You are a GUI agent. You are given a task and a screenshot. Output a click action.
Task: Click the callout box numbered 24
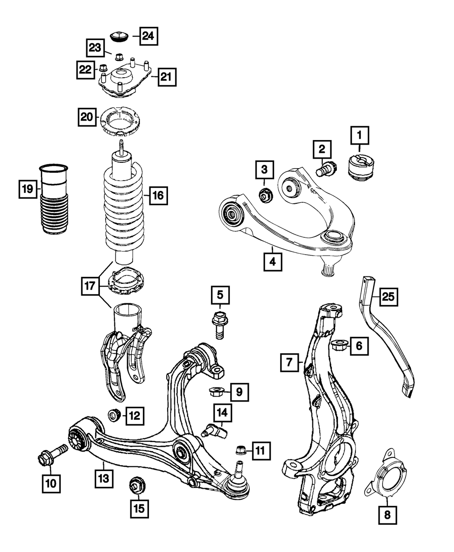tap(148, 36)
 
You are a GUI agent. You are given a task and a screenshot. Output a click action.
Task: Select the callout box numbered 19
tap(28, 188)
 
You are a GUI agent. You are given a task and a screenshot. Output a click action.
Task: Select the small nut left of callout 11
tap(241, 451)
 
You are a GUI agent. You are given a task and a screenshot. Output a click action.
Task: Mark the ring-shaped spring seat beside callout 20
tap(119, 120)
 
